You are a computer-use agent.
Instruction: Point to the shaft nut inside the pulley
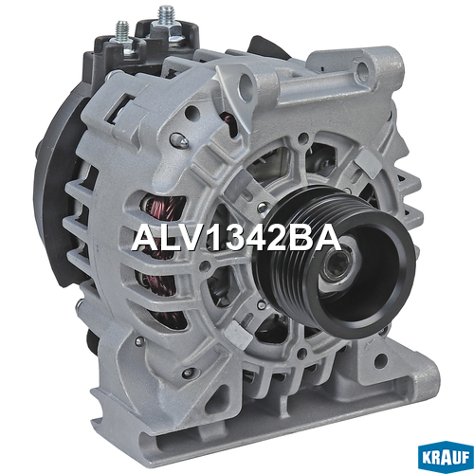[x=336, y=264]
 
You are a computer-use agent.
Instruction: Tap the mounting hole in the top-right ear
[x=363, y=67]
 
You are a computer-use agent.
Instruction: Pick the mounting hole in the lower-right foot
[x=381, y=359]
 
